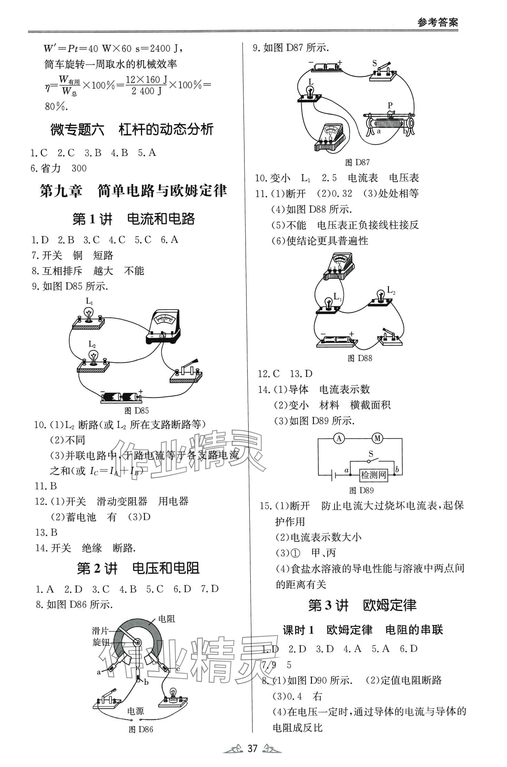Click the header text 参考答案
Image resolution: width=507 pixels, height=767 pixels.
437,23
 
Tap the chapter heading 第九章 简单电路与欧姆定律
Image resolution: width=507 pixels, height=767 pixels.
133,191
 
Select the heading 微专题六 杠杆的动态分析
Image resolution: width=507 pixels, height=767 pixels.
132,130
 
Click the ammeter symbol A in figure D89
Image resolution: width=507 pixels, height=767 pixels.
339,438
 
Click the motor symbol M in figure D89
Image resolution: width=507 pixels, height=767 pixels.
377,438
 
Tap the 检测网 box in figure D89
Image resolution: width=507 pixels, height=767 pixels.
373,475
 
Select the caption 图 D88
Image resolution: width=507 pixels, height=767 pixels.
360,358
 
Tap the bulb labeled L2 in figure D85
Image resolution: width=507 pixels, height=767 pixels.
93,359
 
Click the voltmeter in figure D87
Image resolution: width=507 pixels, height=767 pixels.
330,138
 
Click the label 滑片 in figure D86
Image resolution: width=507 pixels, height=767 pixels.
100,631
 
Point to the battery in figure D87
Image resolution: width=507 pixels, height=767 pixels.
326,67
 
